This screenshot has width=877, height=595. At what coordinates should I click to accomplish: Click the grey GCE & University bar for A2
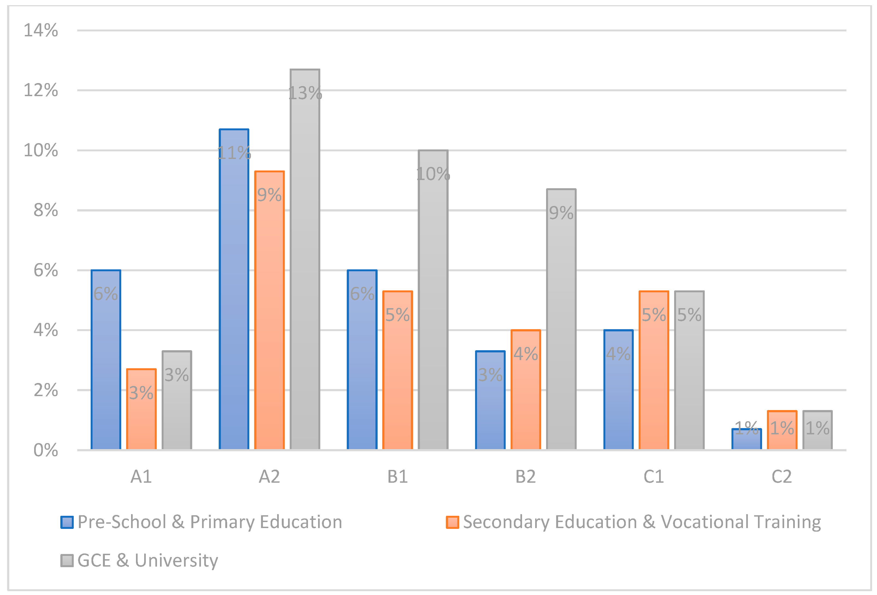pyautogui.click(x=305, y=264)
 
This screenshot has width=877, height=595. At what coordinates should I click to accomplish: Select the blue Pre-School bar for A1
pyautogui.click(x=106, y=363)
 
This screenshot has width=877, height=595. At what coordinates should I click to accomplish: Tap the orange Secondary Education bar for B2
pyautogui.click(x=526, y=393)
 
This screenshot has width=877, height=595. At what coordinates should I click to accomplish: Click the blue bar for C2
pyautogui.click(x=746, y=440)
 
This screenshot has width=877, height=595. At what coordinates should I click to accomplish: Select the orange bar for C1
pyautogui.click(x=654, y=374)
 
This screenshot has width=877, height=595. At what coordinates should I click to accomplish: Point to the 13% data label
pyautogui.click(x=305, y=93)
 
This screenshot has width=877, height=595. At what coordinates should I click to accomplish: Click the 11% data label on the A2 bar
pyautogui.click(x=234, y=153)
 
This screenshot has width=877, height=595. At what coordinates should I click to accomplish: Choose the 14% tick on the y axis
pyautogui.click(x=41, y=30)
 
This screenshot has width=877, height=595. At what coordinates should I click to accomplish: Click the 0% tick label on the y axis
pyautogui.click(x=45, y=450)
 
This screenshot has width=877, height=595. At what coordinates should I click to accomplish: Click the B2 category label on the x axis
pyautogui.click(x=525, y=477)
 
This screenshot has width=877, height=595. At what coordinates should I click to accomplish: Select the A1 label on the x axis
pyautogui.click(x=141, y=477)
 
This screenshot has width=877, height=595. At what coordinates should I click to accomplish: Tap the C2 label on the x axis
pyautogui.click(x=781, y=477)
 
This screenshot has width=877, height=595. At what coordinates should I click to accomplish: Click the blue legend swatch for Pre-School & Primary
pyautogui.click(x=67, y=522)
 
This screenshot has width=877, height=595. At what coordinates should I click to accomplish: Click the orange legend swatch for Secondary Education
pyautogui.click(x=452, y=522)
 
